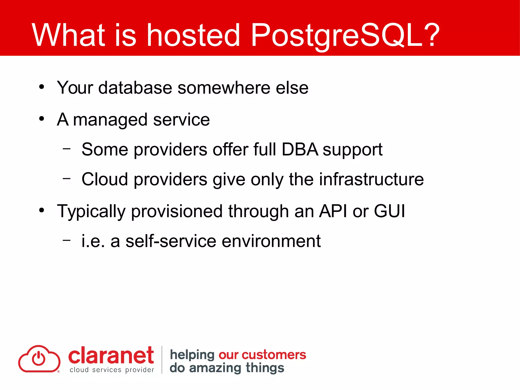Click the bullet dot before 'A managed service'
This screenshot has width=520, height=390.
[42, 119]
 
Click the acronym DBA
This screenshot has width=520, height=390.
[300, 149]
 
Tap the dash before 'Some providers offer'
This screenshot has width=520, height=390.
[67, 149]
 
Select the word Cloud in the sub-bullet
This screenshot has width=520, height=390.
[105, 179]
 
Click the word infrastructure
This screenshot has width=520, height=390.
[371, 179]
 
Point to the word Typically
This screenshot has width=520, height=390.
[91, 212]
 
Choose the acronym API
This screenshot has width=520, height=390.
[333, 211]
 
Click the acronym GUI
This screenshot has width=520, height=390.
[389, 211]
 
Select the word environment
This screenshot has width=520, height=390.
[271, 241]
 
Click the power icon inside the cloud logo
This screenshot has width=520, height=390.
[38, 358]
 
